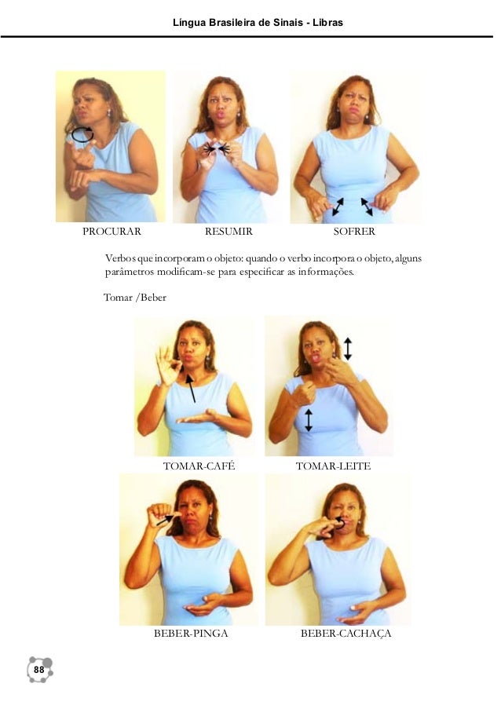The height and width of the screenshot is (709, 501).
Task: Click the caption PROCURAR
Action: [112, 232]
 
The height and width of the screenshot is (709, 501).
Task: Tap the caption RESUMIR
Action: [229, 232]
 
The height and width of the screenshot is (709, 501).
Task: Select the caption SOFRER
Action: [354, 232]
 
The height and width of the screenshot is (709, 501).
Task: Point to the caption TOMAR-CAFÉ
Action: [199, 466]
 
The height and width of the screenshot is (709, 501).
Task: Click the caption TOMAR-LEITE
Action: [333, 466]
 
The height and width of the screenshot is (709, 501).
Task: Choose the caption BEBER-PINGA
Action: [191, 633]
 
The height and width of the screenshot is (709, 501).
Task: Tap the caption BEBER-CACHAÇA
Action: [346, 633]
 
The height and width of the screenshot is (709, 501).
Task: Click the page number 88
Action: [39, 669]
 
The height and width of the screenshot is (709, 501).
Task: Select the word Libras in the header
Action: [330, 23]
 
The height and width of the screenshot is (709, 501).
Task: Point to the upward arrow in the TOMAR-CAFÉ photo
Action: [191, 389]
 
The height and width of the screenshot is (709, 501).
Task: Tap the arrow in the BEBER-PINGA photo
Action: [166, 520]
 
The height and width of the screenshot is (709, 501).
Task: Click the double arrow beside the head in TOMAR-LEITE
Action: [347, 348]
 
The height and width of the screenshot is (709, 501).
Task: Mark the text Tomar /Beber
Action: [135, 298]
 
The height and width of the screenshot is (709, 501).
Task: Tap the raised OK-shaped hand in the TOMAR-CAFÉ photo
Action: [166, 365]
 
